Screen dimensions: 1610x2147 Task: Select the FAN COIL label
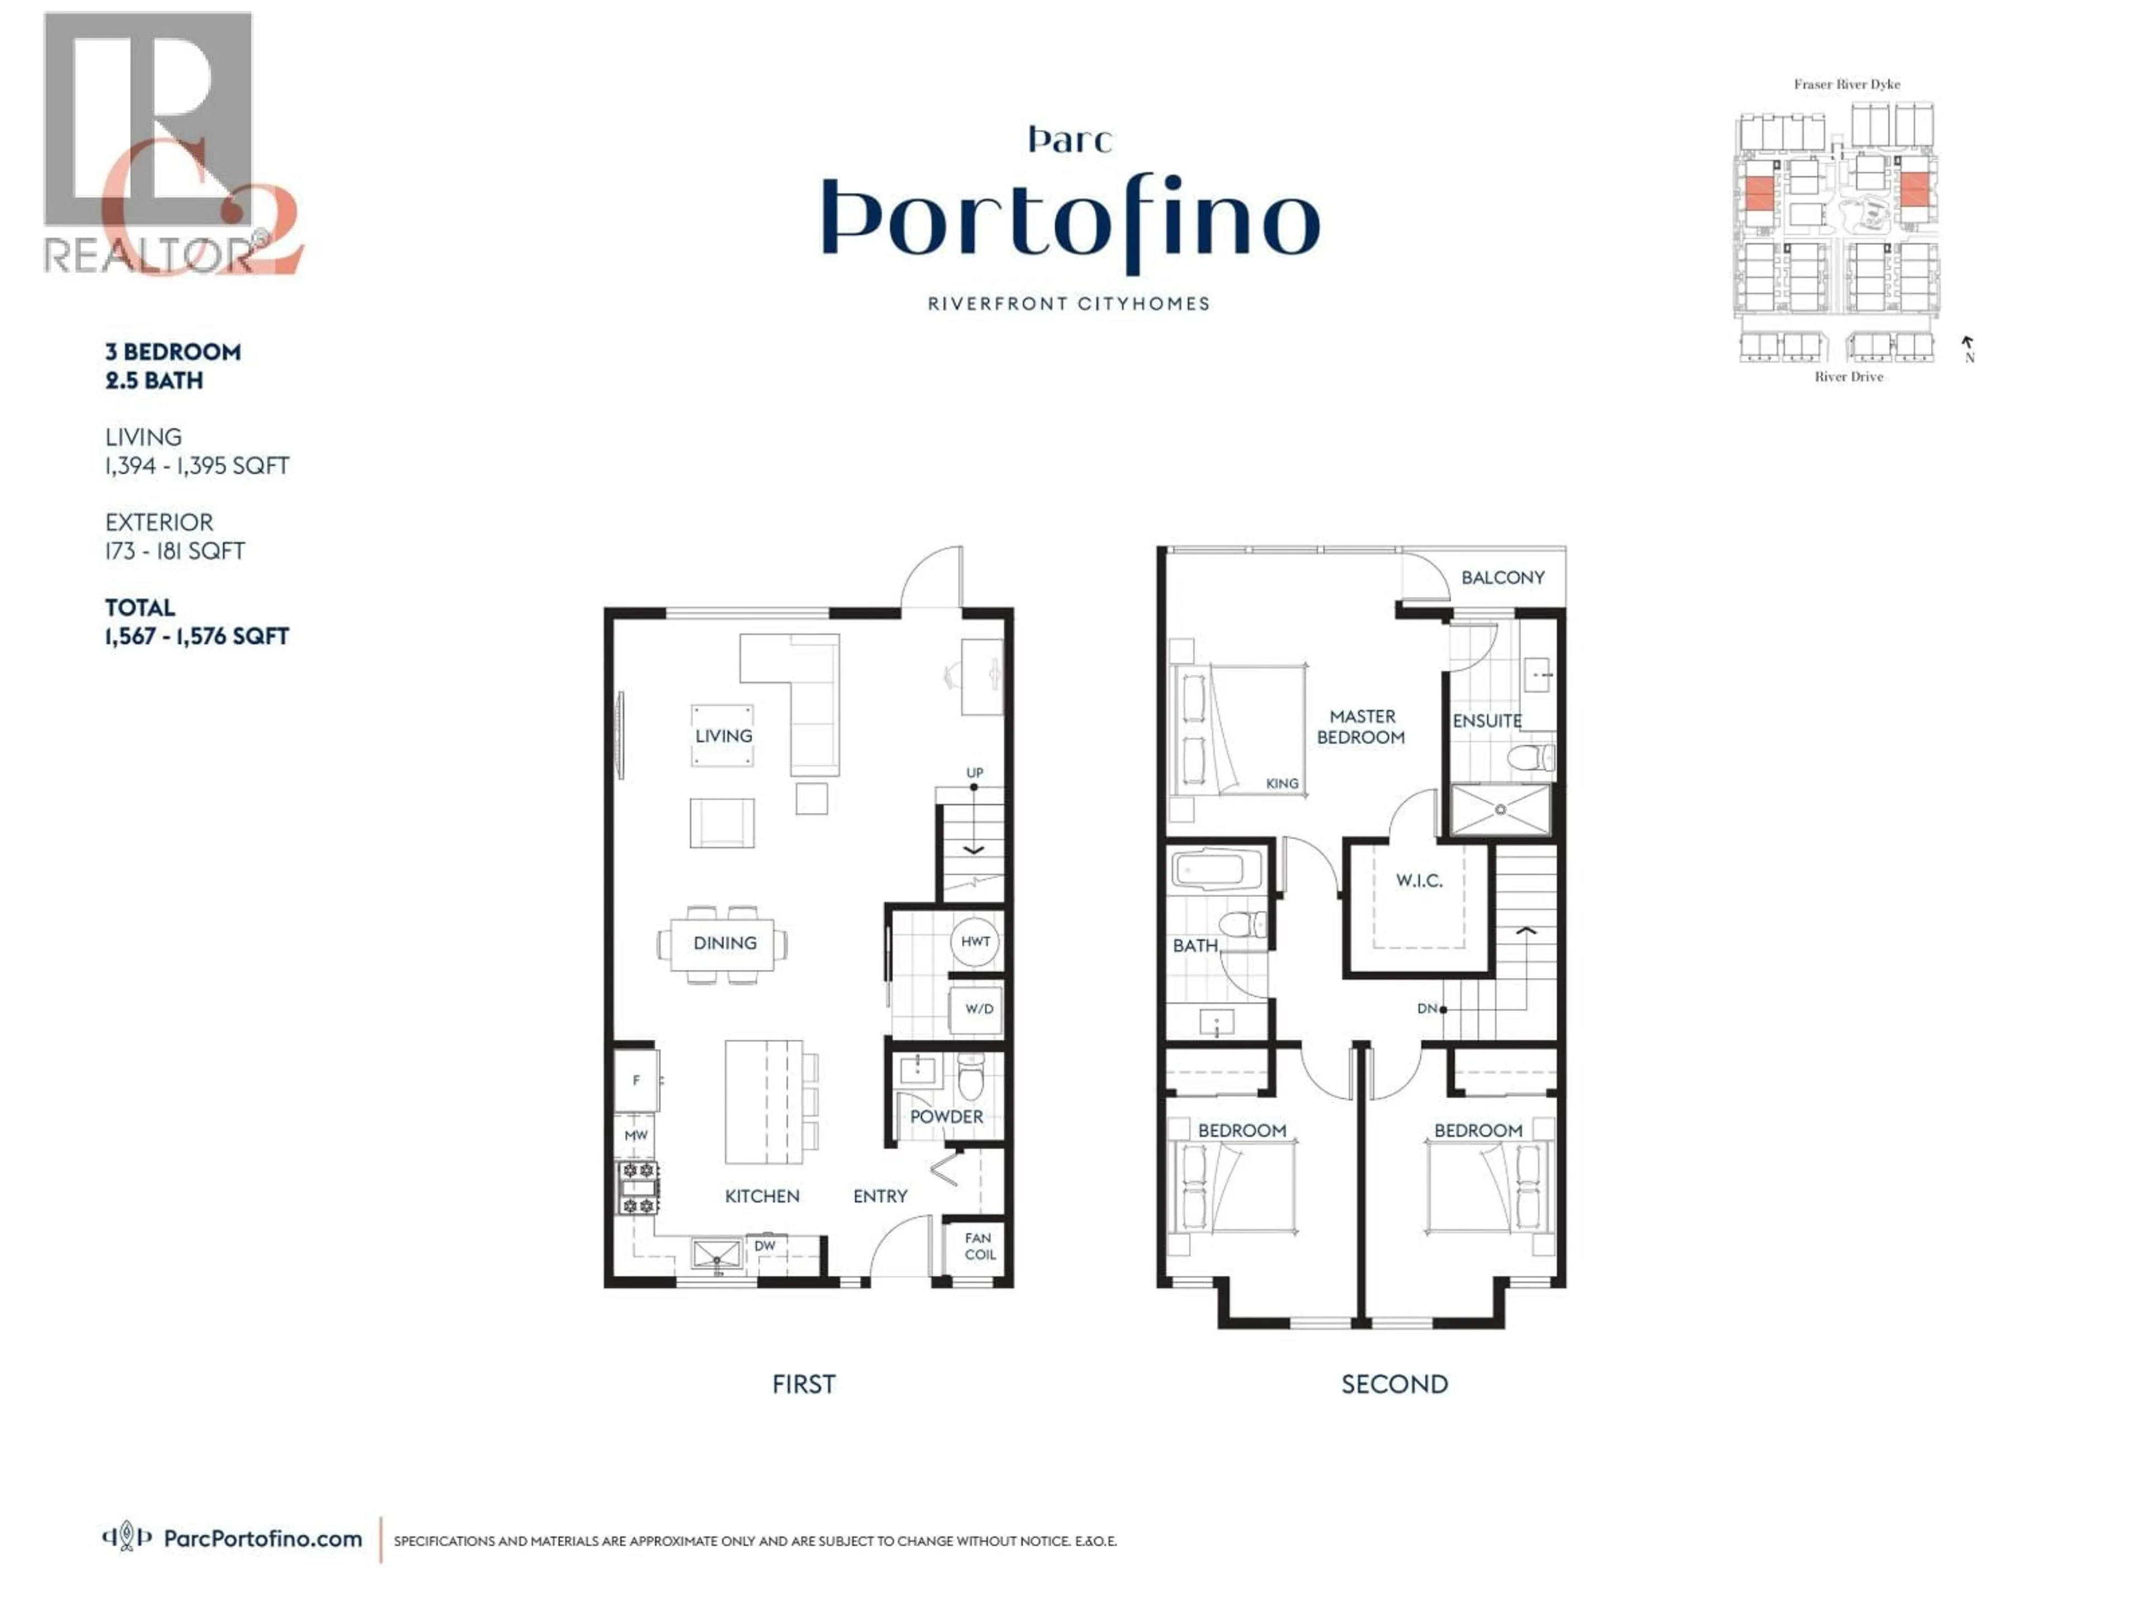[x=978, y=1246]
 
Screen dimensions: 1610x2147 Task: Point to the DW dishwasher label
[x=765, y=1245]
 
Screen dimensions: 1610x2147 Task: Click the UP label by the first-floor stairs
[x=975, y=773]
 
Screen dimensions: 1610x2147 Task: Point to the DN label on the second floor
[x=1427, y=1009]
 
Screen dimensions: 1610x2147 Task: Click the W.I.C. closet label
[x=1419, y=881]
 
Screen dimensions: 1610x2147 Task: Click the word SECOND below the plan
[x=1394, y=1385]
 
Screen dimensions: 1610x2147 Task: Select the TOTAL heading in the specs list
[x=140, y=608]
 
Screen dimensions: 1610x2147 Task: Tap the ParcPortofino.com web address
[x=262, y=1539]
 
